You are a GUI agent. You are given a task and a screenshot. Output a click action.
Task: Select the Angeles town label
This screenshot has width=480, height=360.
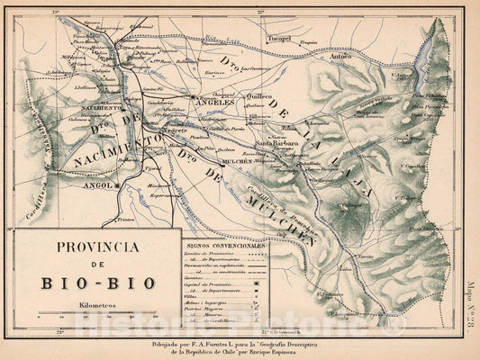tap(214, 103)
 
